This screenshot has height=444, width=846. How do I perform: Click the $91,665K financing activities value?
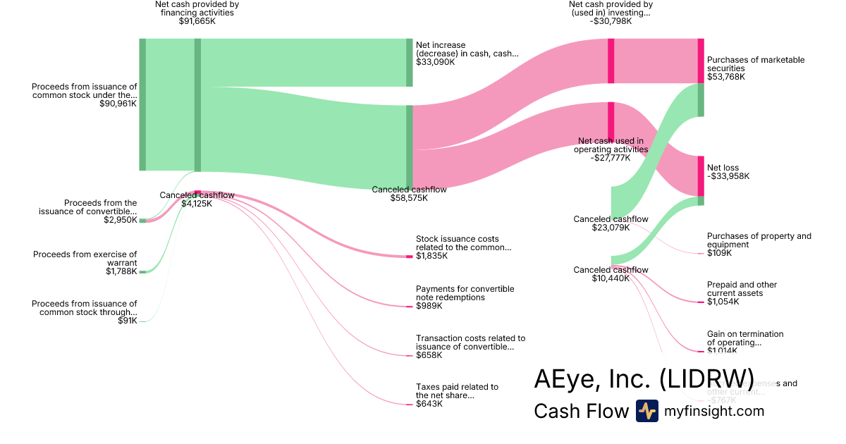tap(197, 21)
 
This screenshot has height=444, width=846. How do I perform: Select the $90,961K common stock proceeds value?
tap(118, 104)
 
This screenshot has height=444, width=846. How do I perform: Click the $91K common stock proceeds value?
tap(128, 321)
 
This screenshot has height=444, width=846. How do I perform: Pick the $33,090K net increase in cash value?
tap(435, 62)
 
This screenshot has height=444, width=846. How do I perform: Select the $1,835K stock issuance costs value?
tap(431, 256)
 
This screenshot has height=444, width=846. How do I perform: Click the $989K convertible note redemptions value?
tap(429, 306)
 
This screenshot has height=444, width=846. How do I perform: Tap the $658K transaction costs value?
tap(429, 355)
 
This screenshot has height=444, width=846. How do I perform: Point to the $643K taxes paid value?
tap(429, 404)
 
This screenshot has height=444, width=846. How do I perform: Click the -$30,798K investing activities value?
tap(611, 21)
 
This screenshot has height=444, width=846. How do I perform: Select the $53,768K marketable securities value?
tap(726, 77)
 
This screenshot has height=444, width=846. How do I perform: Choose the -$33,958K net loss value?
tap(728, 176)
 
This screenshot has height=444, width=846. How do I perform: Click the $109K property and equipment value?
tap(719, 253)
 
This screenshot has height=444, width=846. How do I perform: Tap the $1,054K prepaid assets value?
tap(723, 302)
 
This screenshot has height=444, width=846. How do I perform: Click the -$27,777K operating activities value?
tap(611, 158)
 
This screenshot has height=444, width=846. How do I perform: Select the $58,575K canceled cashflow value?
tap(409, 198)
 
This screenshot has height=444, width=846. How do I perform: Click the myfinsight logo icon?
tap(646, 411)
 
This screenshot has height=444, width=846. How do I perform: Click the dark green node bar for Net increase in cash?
tap(409, 63)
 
